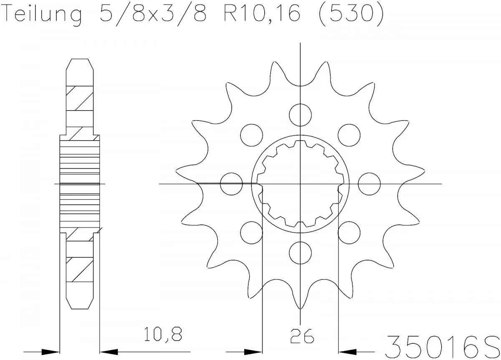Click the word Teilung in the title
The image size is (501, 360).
[42, 15]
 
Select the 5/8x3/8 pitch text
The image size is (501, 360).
[154, 15]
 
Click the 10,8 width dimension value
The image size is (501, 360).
[163, 335]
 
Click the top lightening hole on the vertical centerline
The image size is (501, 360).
[300, 113]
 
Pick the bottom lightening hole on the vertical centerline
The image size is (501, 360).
[300, 253]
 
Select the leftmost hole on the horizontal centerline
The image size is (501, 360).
[231, 184]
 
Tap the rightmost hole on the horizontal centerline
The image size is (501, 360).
[369, 184]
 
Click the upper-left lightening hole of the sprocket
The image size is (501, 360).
[252, 135]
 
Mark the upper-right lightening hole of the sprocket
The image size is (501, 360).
[349, 135]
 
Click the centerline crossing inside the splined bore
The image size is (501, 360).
[300, 184]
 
